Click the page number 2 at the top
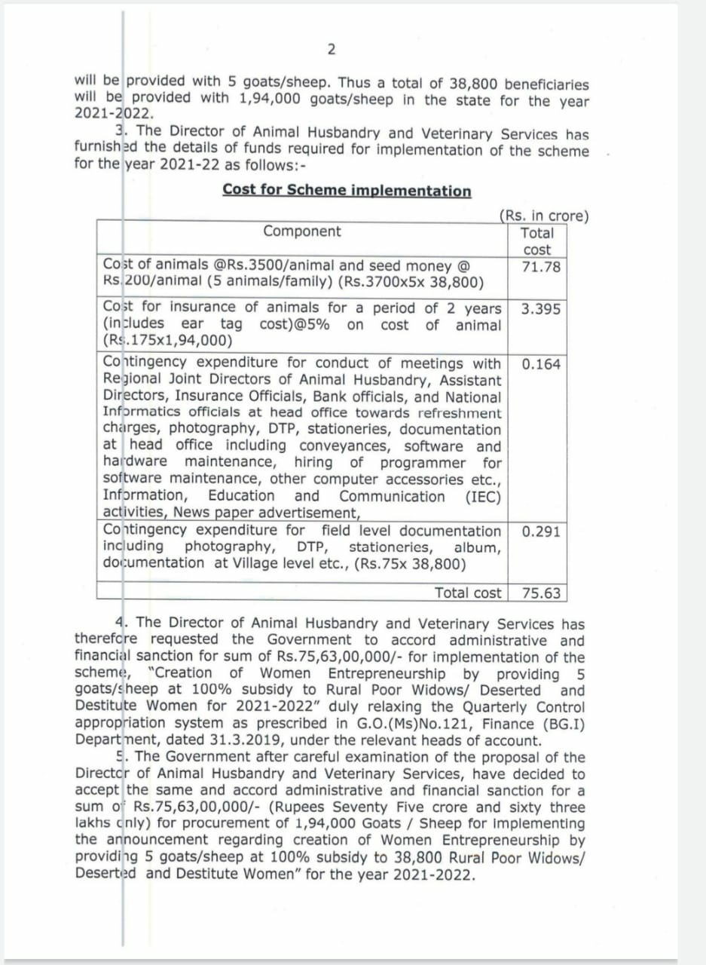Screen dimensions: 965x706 332,50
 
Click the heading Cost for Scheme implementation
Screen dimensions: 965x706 347,190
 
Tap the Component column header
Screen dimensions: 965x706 301,231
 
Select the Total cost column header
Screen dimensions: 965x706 536,241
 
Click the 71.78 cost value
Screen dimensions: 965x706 541,267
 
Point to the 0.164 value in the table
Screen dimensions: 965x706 541,364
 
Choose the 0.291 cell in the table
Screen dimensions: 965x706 541,532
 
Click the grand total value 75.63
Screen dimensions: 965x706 541,593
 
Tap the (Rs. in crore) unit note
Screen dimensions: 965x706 544,216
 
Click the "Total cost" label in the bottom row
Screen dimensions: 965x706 467,593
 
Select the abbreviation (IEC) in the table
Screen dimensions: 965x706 483,496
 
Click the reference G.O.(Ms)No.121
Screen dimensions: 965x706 363,725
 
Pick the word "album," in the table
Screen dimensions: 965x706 477,547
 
